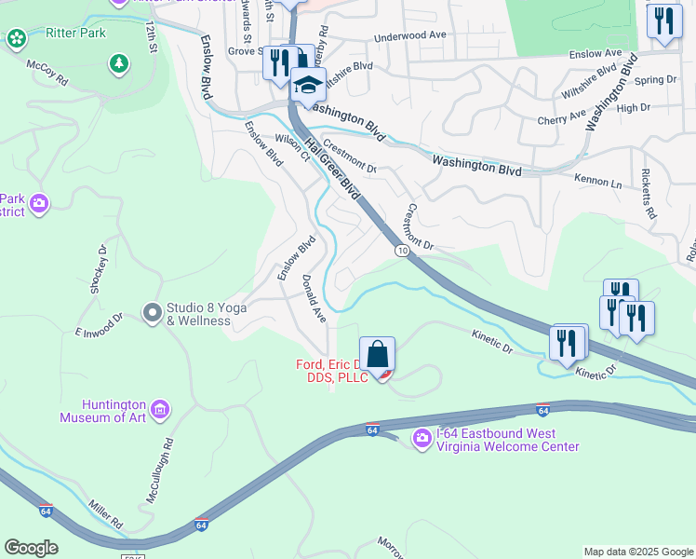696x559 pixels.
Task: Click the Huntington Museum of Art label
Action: pos(101,411)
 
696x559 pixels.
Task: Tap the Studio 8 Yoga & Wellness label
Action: pos(198,315)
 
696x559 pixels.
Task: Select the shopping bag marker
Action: pos(377,356)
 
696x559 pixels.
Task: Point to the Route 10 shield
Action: pos(401,251)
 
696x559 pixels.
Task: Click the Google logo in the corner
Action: pos(31,548)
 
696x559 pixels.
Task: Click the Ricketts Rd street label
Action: pos(649,191)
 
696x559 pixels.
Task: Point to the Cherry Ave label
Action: pos(561,118)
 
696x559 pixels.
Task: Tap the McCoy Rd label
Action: pos(47,75)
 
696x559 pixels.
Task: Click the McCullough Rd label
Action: pos(159,470)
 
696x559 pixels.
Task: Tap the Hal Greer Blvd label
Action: pos(332,168)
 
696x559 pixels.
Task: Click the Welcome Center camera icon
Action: pos(422,437)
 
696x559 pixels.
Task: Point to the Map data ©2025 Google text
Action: pos(638,552)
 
